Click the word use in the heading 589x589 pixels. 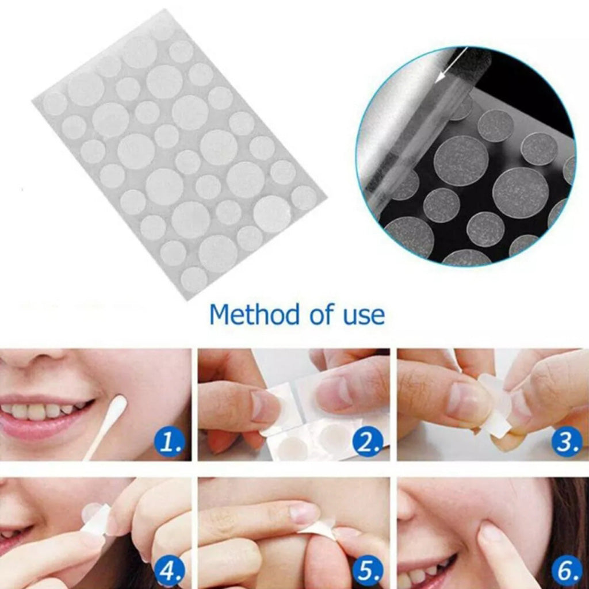click(359, 315)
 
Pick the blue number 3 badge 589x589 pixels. click(567, 443)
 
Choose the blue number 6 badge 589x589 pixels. click(567, 572)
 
